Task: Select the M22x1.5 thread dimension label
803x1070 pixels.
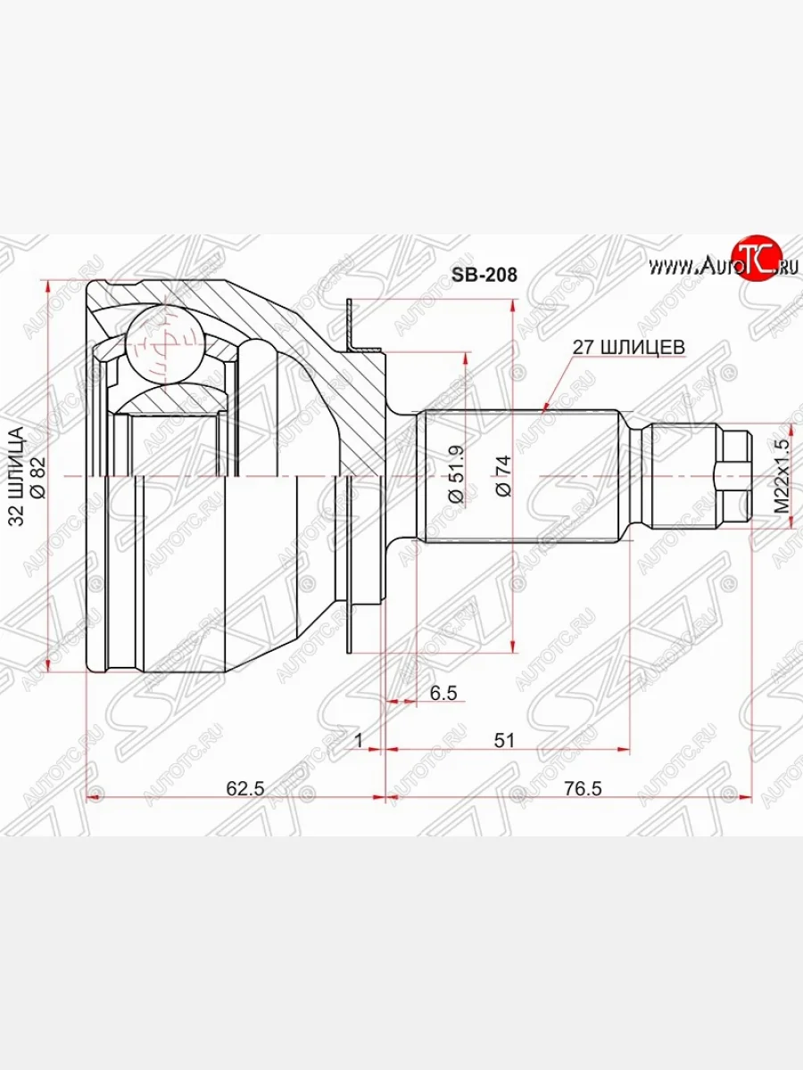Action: click(782, 475)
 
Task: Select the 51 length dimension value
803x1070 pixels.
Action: click(504, 740)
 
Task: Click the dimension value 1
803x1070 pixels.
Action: click(358, 740)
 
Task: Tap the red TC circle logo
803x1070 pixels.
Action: click(756, 259)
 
